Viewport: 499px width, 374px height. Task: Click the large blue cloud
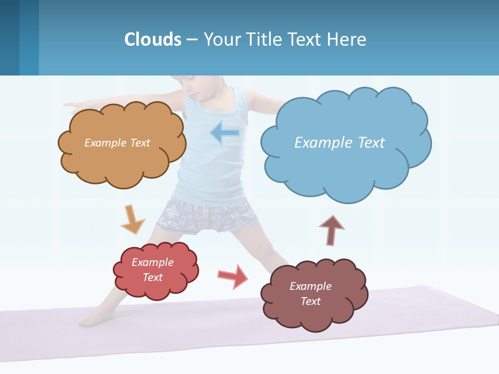[x=343, y=166]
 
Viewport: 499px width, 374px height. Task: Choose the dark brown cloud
[x=312, y=312]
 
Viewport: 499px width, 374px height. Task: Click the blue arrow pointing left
[x=225, y=133]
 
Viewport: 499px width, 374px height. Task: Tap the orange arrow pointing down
[x=133, y=220]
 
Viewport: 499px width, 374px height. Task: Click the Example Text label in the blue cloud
[x=339, y=142]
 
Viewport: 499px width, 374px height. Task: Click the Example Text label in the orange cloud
[x=117, y=142]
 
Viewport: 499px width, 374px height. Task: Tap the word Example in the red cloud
[x=152, y=262]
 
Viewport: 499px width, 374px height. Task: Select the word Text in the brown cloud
[x=310, y=301]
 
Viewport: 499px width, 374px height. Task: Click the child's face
[x=190, y=86]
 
